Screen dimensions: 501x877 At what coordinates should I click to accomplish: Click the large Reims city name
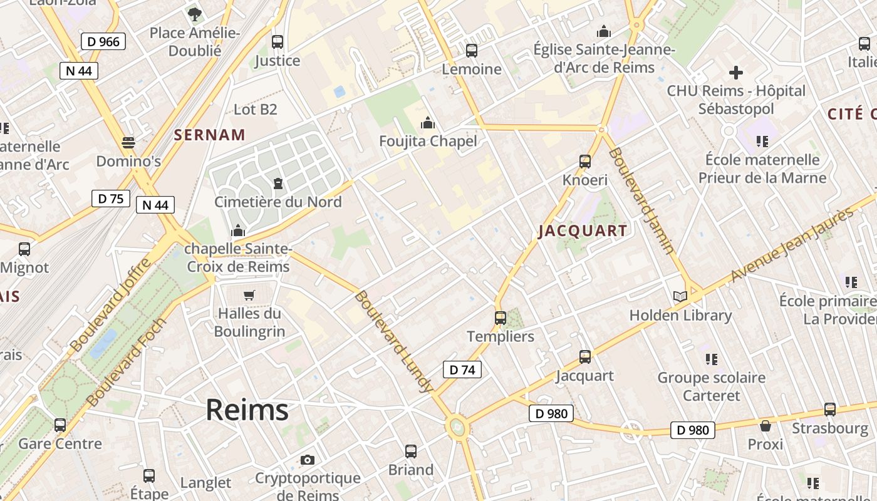tap(247, 410)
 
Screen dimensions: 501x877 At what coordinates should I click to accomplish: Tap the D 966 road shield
tap(103, 42)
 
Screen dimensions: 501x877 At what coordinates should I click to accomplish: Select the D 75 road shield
tap(111, 199)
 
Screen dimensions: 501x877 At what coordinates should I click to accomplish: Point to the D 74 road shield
tap(462, 369)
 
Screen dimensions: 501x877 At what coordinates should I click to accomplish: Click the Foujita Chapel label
tap(428, 141)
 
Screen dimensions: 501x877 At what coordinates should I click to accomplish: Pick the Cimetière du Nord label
tap(278, 202)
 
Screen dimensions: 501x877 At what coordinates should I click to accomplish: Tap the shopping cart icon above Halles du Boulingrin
tap(249, 295)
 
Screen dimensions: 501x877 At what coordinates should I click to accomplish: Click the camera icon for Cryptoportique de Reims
tap(307, 460)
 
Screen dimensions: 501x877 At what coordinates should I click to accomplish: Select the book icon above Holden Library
tap(680, 296)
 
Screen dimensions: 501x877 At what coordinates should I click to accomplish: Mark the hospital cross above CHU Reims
tap(736, 73)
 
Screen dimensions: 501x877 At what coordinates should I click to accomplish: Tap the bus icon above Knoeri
tap(585, 162)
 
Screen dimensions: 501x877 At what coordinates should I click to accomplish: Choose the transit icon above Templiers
tap(500, 318)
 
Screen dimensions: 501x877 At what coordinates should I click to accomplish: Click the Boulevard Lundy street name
tap(393, 341)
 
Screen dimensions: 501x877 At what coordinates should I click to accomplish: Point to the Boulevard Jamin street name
tap(641, 200)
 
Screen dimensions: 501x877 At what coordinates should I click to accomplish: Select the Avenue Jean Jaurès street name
tap(792, 244)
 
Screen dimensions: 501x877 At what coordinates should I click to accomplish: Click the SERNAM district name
tap(210, 134)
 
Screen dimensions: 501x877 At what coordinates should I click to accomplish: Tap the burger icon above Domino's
tap(128, 143)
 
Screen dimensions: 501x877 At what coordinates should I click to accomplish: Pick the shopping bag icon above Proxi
tap(765, 426)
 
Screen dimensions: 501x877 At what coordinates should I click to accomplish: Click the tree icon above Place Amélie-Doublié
tap(195, 14)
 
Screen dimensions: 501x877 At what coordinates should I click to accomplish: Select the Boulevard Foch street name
tap(126, 362)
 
